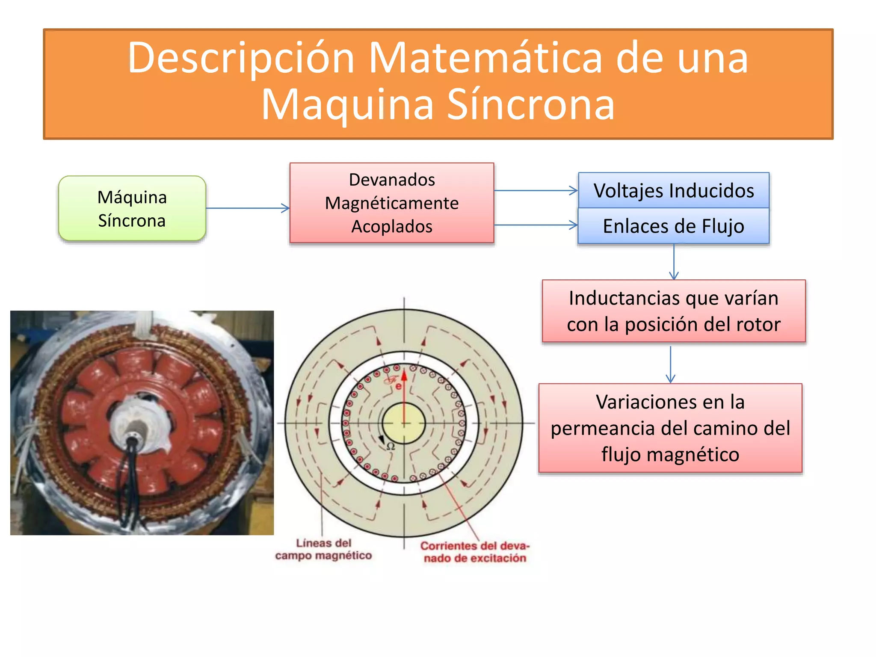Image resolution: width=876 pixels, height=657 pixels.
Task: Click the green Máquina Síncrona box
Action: [132, 208]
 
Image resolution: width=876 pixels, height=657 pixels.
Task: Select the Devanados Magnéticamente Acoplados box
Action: [391, 203]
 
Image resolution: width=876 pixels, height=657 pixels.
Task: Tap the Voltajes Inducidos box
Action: [673, 190]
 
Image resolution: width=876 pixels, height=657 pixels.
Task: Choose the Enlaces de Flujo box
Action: [673, 226]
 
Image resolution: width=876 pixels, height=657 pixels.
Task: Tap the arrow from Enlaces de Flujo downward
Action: [674, 261]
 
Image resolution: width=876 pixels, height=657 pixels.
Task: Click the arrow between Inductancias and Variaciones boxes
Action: [670, 364]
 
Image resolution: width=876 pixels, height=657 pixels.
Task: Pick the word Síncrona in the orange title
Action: [530, 105]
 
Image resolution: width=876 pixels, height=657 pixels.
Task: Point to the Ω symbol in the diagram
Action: [391, 446]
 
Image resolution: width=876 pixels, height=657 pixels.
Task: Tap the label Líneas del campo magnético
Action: [323, 549]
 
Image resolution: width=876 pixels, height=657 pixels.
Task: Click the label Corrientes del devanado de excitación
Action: [475, 552]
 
